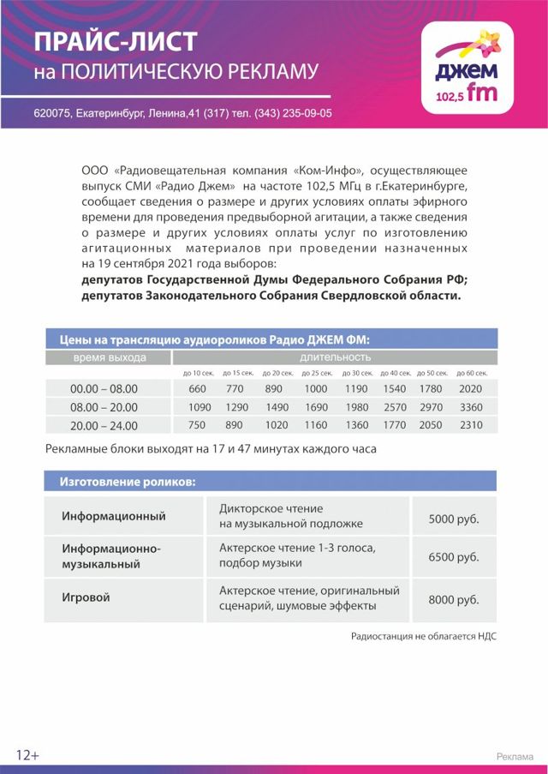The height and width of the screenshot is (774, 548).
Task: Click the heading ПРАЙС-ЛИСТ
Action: (116, 40)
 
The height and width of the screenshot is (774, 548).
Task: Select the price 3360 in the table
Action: (472, 407)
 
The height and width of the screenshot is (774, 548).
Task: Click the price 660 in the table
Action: (198, 389)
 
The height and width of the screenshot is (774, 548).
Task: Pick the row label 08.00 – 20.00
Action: (104, 407)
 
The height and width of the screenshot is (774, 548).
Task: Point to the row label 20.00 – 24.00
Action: (104, 425)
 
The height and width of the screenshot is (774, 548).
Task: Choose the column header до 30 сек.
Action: (356, 373)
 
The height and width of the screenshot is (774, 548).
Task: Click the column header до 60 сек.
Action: (472, 373)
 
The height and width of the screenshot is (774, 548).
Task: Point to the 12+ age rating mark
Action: (27, 755)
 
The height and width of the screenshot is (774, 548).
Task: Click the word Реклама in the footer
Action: (515, 756)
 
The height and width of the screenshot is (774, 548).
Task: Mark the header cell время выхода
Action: (109, 357)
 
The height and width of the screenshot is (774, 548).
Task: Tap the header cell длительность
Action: (335, 357)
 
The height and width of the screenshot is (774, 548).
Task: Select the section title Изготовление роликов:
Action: (128, 482)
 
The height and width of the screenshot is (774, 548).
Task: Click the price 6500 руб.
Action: (453, 557)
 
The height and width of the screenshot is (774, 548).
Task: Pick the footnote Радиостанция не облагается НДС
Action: (423, 636)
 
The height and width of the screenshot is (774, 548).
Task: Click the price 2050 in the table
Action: (434, 425)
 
